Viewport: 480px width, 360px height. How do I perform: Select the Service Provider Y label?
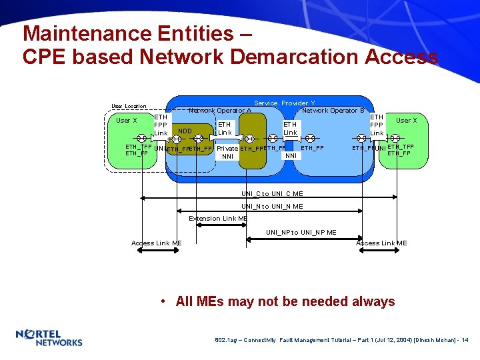coord(285,103)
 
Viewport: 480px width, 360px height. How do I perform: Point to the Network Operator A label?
coord(220,111)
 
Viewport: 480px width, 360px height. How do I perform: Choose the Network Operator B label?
coord(333,111)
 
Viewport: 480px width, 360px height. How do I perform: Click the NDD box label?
coord(185,131)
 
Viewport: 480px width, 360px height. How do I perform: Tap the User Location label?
coord(129,107)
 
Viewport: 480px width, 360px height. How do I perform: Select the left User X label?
coord(127,121)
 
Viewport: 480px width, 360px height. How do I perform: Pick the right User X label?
coord(407,121)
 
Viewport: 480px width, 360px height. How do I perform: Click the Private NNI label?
coord(227,153)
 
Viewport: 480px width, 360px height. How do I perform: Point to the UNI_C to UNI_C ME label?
coord(272,194)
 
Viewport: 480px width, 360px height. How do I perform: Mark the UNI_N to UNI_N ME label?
coord(272,207)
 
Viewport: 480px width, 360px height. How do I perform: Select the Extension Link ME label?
coord(218,219)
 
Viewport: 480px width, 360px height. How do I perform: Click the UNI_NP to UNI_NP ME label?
coord(301,233)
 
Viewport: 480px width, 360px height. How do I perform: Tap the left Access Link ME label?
coord(157,243)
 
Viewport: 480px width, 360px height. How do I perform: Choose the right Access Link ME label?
coord(381,243)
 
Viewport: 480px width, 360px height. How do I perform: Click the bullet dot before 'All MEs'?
coord(163,302)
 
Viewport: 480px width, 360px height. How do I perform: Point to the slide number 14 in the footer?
coord(465,340)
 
